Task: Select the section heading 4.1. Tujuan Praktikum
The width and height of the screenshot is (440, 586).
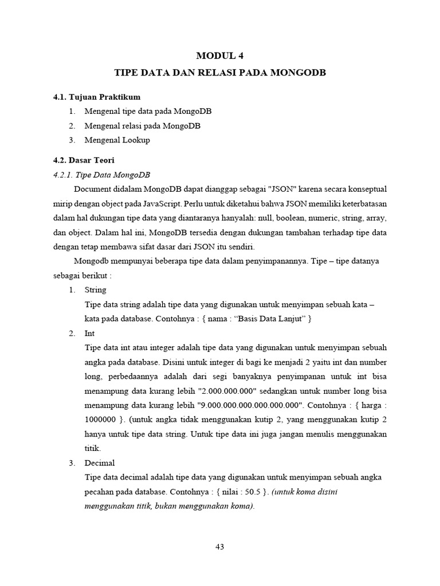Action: pos(97,97)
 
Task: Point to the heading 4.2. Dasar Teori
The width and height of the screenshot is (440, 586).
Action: pos(84,160)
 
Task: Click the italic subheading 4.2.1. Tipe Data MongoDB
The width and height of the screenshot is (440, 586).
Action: pos(101,175)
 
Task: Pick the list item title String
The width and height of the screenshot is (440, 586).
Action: pos(95,290)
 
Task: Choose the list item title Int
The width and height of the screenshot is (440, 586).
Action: pos(89,333)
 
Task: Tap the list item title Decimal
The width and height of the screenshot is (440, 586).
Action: pos(100,463)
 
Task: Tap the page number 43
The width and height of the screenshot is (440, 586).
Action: pos(219,547)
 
